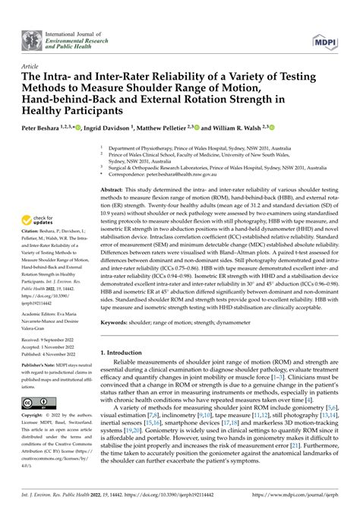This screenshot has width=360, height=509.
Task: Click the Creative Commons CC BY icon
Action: [x=36, y=402]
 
